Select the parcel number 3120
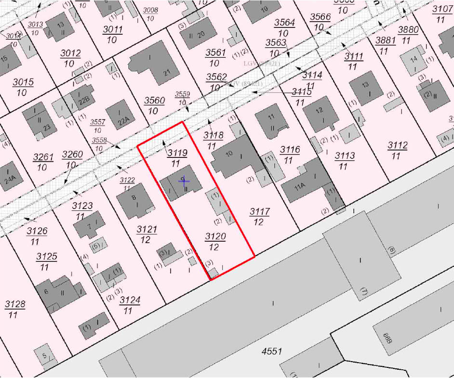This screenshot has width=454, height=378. (215, 236)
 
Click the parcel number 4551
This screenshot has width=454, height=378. (271, 352)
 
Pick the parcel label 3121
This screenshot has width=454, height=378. (147, 230)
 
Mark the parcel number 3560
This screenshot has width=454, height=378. (155, 101)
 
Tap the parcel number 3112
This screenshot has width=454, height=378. (398, 145)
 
